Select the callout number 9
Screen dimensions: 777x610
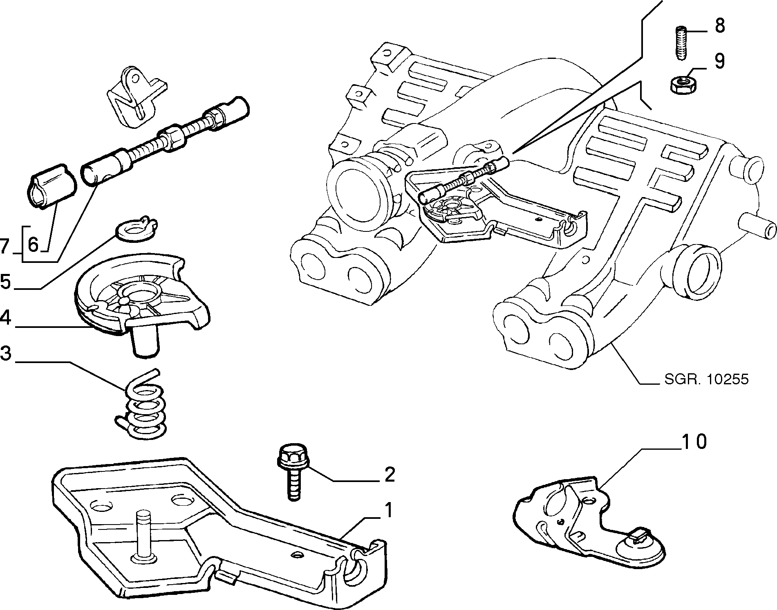[x=719, y=61]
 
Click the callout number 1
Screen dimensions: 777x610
[x=389, y=511]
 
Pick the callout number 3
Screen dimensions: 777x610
[x=6, y=354]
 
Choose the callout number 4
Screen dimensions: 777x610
[x=6, y=317]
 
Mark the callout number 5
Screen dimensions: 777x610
[x=6, y=282]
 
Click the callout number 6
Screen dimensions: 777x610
[x=33, y=245]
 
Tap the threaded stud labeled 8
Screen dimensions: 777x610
[x=680, y=43]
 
